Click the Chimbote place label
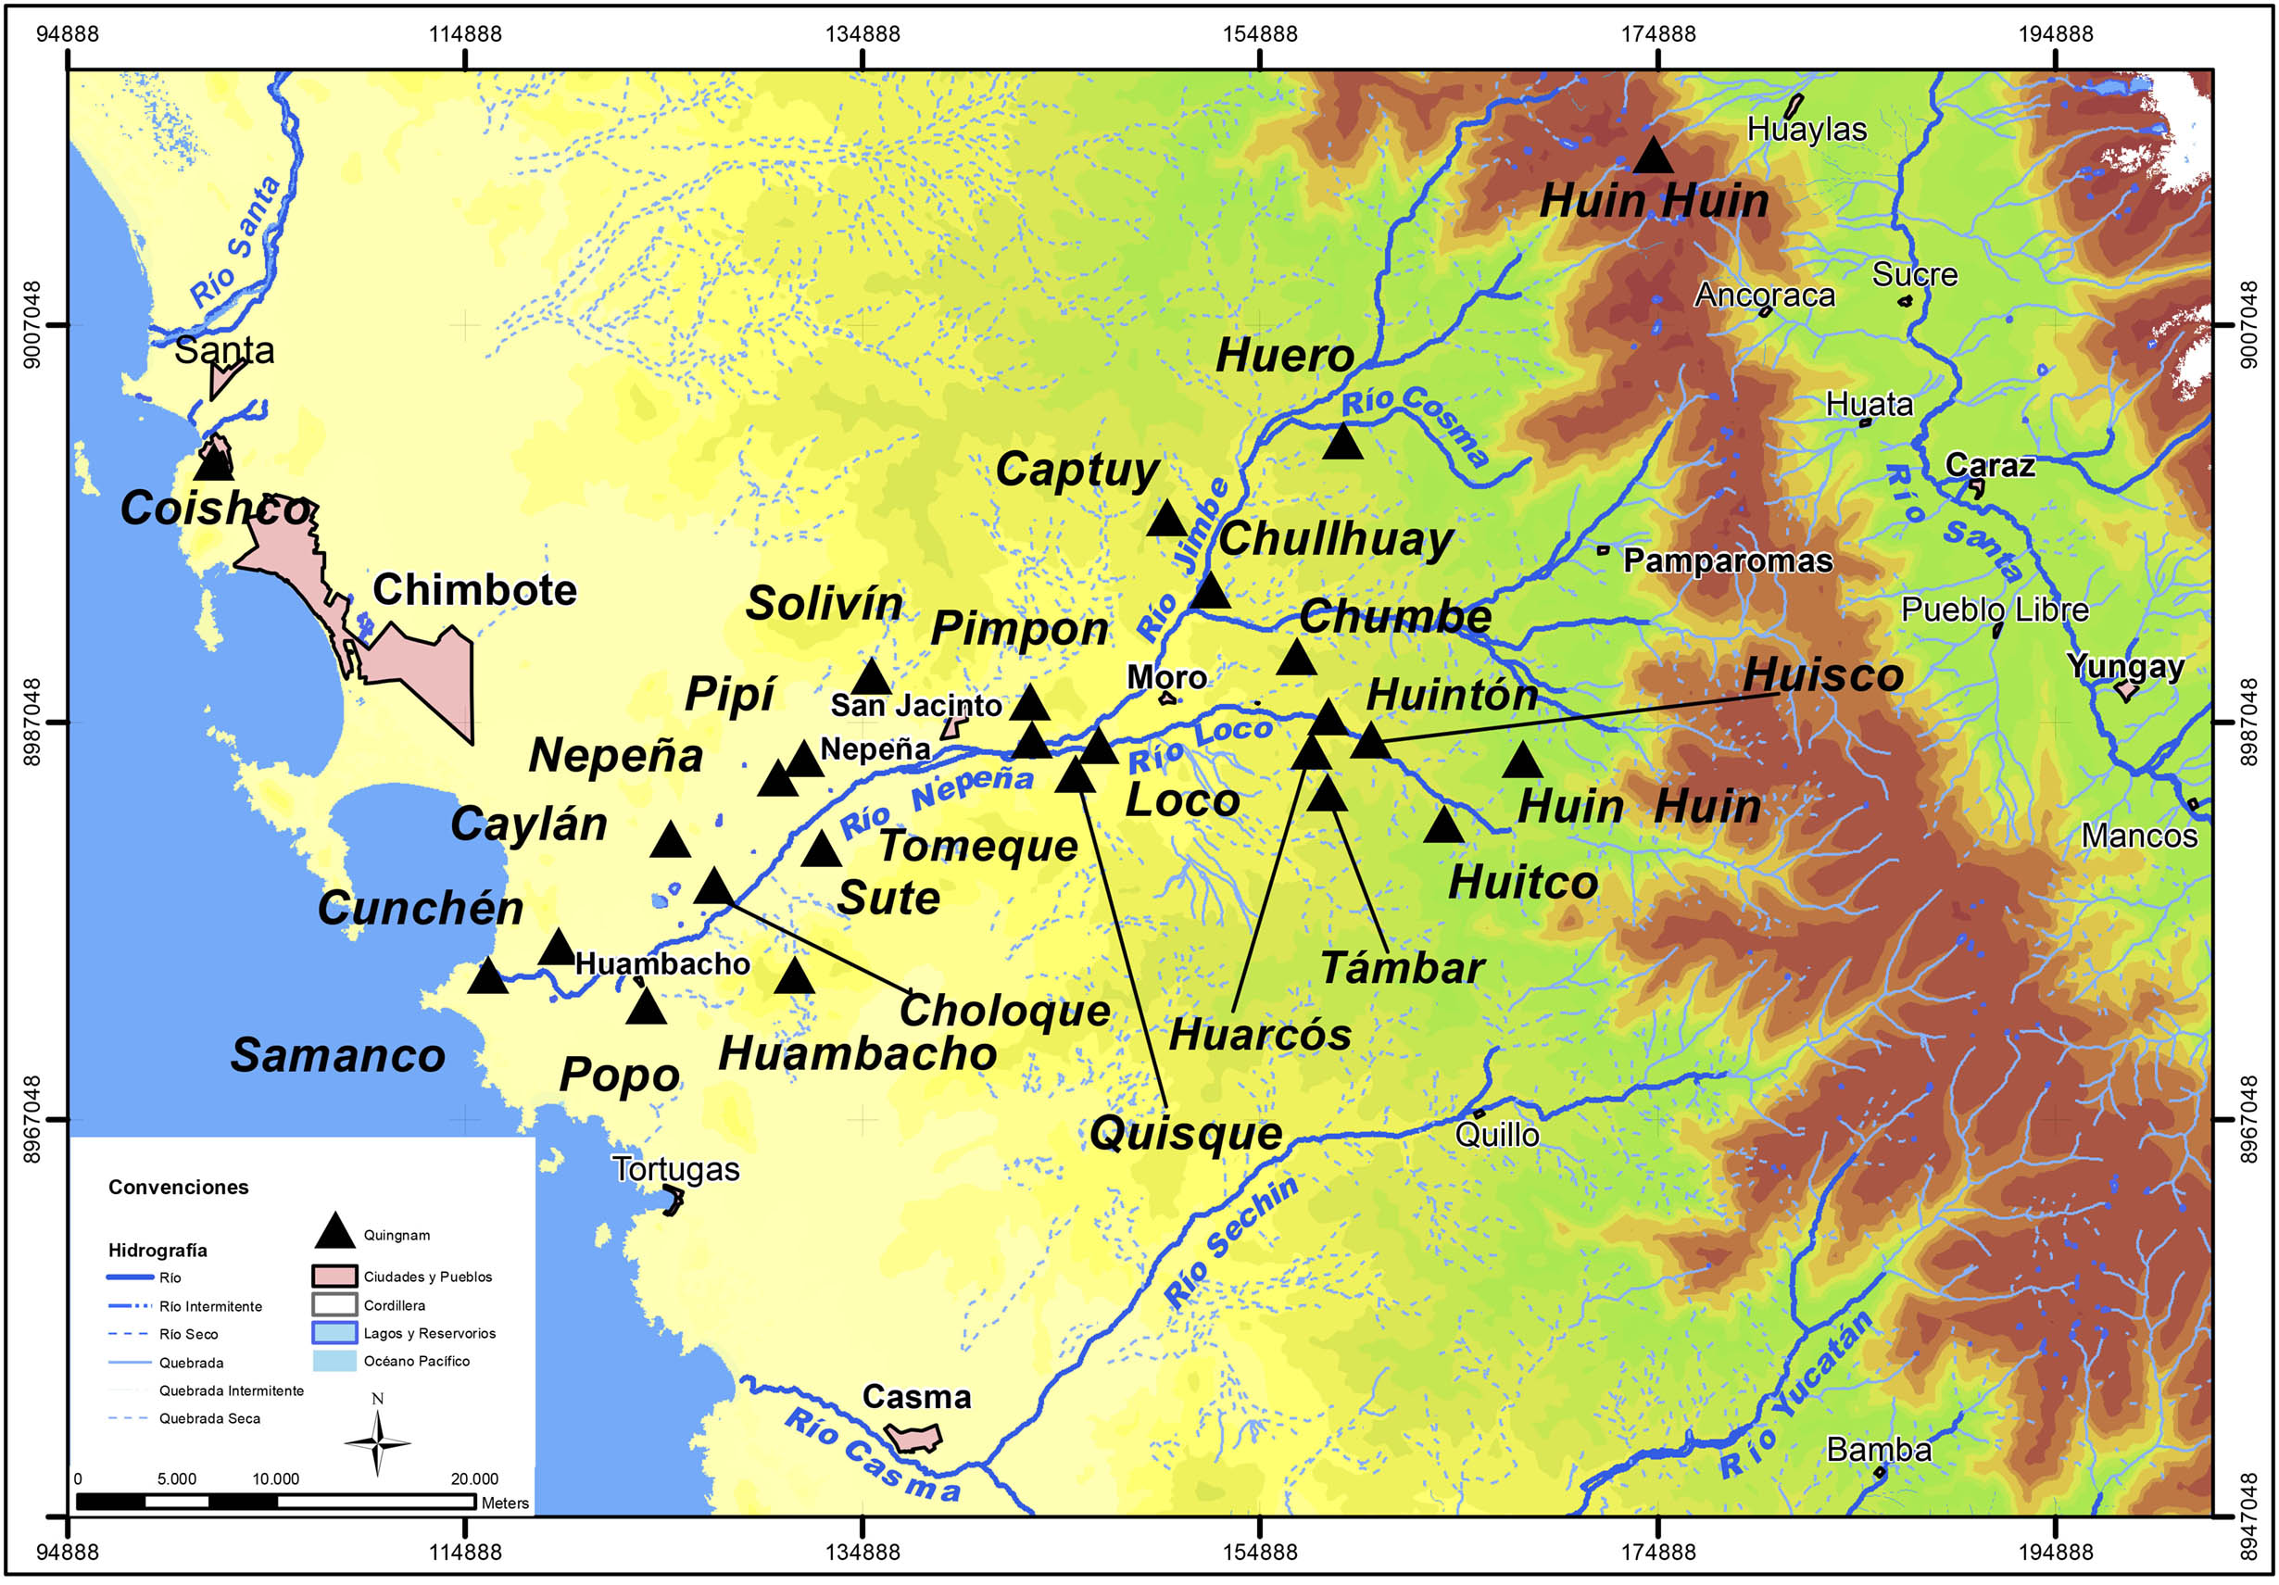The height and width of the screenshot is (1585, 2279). (474, 589)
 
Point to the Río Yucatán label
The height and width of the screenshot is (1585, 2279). (1796, 1393)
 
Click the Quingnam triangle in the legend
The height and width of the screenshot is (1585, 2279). (334, 1232)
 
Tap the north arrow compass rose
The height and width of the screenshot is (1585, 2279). (377, 1442)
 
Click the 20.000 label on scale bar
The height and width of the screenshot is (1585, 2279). (474, 1478)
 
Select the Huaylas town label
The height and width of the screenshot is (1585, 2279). (1807, 129)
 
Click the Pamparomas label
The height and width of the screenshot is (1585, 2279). (1727, 560)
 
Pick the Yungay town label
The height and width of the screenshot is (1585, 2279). (2125, 667)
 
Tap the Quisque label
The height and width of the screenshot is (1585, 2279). (1186, 1132)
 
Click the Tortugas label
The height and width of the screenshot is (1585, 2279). (676, 1169)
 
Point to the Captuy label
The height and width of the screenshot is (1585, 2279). (1077, 470)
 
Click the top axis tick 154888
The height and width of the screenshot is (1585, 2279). (1260, 33)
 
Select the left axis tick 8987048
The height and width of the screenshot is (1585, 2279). (31, 722)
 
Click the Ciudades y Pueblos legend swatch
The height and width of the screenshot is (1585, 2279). (334, 1277)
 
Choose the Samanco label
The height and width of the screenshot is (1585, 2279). (337, 1055)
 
